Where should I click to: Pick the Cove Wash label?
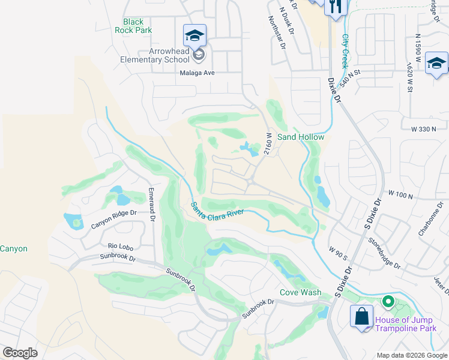[301, 293]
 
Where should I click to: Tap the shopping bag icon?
[362, 317]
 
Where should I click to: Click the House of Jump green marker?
[388, 302]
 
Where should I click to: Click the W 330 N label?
[427, 130]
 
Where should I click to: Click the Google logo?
[20, 353]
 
